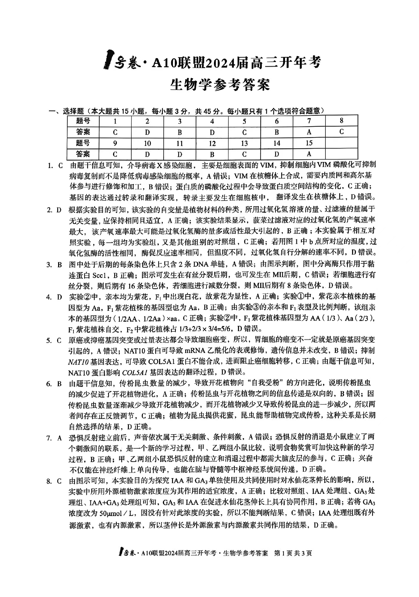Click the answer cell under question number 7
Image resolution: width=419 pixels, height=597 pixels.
[309, 132]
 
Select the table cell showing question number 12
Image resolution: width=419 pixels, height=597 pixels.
[212, 144]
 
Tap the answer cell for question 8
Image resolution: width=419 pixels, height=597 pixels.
[341, 132]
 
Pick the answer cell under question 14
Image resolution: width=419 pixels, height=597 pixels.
[276, 154]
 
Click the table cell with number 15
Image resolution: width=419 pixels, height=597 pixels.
[309, 143]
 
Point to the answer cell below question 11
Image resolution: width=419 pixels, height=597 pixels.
[180, 154]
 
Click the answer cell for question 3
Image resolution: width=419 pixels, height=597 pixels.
[180, 132]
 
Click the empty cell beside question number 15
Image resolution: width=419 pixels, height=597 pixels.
[341, 143]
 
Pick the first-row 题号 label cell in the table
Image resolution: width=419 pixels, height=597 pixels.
[83, 121]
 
